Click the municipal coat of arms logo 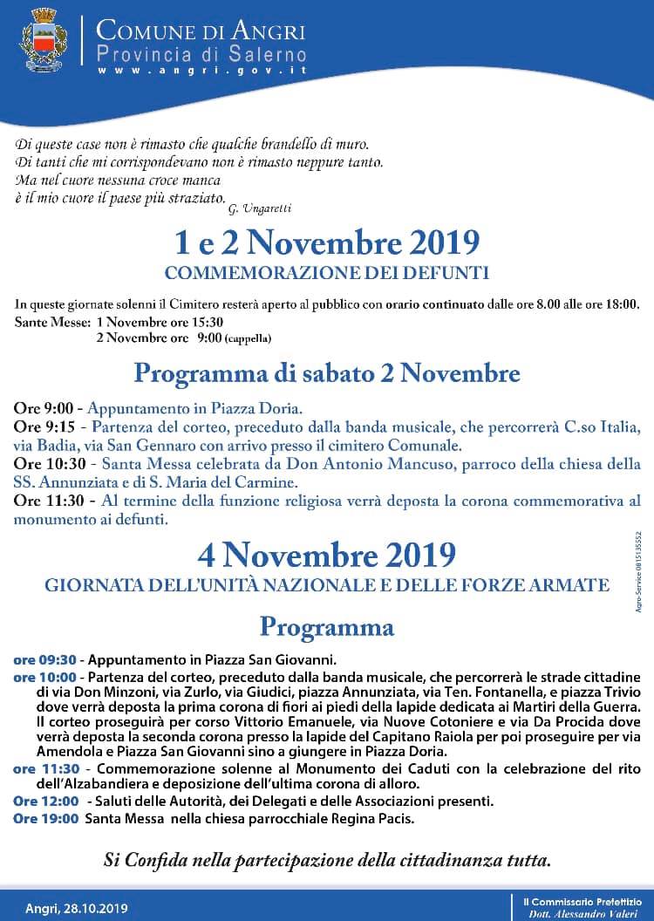(42, 40)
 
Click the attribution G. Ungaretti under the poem (260, 208)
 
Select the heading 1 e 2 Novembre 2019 (327, 242)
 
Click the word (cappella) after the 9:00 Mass (248, 338)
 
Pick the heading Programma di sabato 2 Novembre (327, 374)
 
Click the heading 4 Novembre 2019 (327, 555)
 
